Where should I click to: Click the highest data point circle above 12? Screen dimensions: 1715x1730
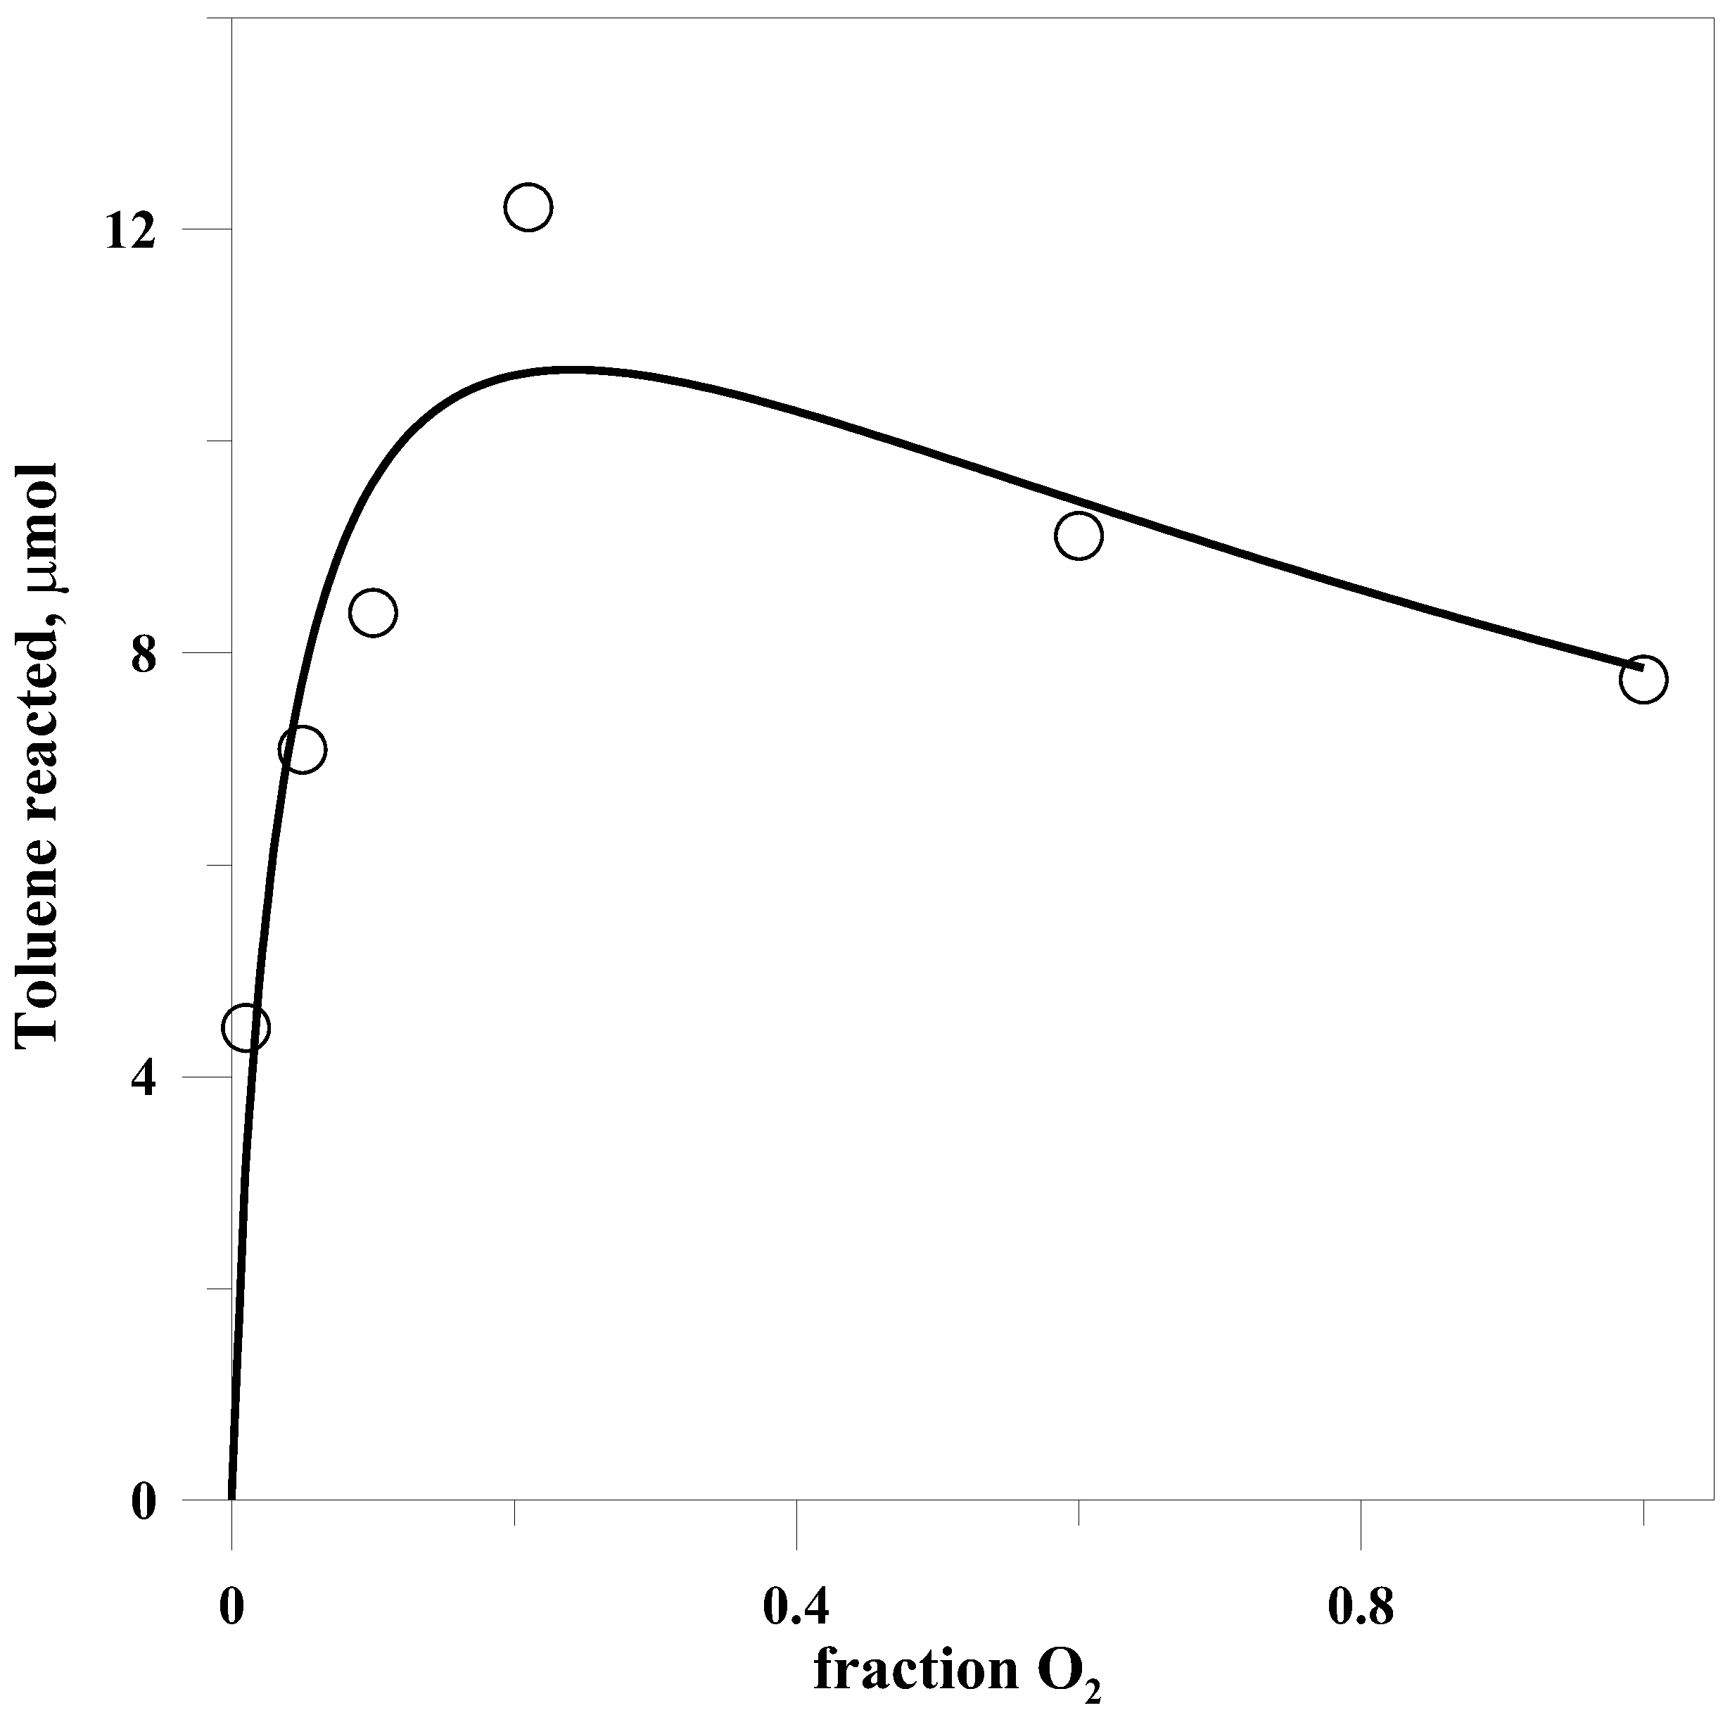click(x=528, y=208)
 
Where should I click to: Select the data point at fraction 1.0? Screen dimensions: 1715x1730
click(x=1643, y=680)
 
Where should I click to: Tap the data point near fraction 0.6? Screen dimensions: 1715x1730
click(x=1079, y=536)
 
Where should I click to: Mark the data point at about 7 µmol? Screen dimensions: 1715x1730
click(x=303, y=749)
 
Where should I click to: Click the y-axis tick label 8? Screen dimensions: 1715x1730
click(x=144, y=656)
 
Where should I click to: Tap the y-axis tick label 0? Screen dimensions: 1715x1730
click(x=144, y=1502)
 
